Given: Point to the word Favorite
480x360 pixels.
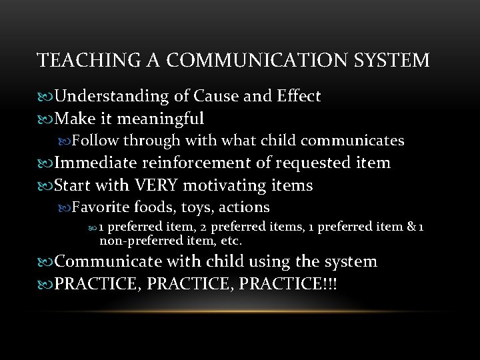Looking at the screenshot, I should pyautogui.click(x=100, y=207).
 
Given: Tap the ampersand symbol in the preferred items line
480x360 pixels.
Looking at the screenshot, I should pyautogui.click(x=410, y=227).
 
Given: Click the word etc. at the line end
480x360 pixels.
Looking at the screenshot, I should pyautogui.click(x=231, y=240).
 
